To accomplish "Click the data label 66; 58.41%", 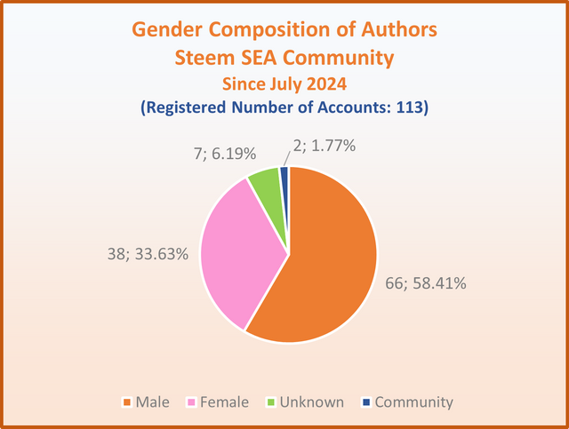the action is coord(426,283).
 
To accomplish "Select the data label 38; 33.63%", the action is coord(148,254).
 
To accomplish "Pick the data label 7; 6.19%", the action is coord(225,154).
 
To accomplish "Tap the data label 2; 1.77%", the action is coord(325,146).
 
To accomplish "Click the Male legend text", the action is coord(152,402).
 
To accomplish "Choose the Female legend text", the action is coord(224,402).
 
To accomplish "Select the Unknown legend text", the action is coord(312,402).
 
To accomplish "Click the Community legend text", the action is coord(414,402).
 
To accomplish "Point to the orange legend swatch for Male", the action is coord(126,402).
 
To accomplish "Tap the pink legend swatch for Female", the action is coord(191,402).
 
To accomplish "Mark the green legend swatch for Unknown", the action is coord(270,402).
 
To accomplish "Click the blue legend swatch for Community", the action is coord(366,402).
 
